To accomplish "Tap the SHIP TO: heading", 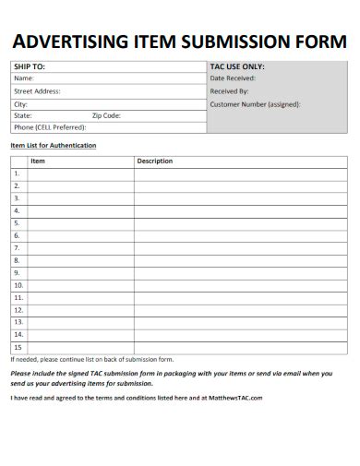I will point(29,66).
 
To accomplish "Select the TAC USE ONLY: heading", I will point(237,66).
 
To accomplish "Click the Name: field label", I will point(23,78).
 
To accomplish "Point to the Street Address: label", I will point(37,91).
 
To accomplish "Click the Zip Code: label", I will point(106,115).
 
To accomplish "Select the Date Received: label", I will point(233,78).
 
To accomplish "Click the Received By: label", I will point(230,91).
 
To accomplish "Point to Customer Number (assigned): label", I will point(255,104).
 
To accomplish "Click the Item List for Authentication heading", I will point(53,146).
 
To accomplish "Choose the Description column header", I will point(155,161).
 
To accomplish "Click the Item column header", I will point(38,161).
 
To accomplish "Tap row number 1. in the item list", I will point(17,173).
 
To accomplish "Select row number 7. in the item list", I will point(17,248).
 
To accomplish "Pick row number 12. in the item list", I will point(18,310).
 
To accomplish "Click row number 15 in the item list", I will point(18,347).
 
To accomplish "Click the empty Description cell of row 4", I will point(240,210).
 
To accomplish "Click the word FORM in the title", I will point(322,42).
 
